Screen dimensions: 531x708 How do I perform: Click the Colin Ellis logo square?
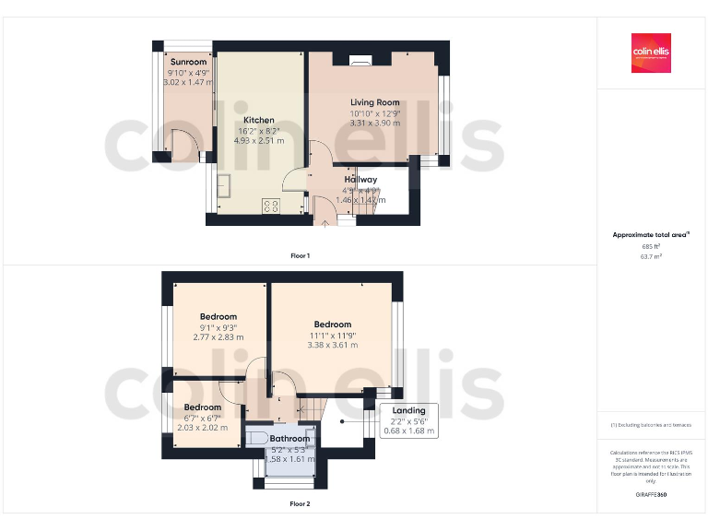tap(651, 53)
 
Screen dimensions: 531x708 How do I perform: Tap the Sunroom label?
tap(187, 62)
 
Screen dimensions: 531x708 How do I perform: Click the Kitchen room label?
tap(258, 120)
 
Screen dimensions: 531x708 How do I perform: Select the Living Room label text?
tap(374, 102)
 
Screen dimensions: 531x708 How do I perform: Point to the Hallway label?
tap(360, 179)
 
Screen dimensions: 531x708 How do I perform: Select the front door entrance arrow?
tap(324, 221)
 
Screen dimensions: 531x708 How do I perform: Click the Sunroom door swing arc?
tap(187, 146)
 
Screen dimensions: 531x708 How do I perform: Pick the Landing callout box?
tap(408, 420)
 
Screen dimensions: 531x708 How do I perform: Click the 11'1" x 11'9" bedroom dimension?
tap(332, 335)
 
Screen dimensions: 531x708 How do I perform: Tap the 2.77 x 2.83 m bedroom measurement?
tap(218, 337)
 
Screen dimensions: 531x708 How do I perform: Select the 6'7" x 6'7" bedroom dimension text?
tap(202, 418)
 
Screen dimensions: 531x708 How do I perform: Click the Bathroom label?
tap(289, 439)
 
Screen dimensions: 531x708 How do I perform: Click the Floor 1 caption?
tap(300, 254)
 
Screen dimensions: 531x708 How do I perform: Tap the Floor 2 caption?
tap(300, 504)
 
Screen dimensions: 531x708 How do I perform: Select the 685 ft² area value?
tap(651, 247)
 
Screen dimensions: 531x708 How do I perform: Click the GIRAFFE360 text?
tap(651, 496)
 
